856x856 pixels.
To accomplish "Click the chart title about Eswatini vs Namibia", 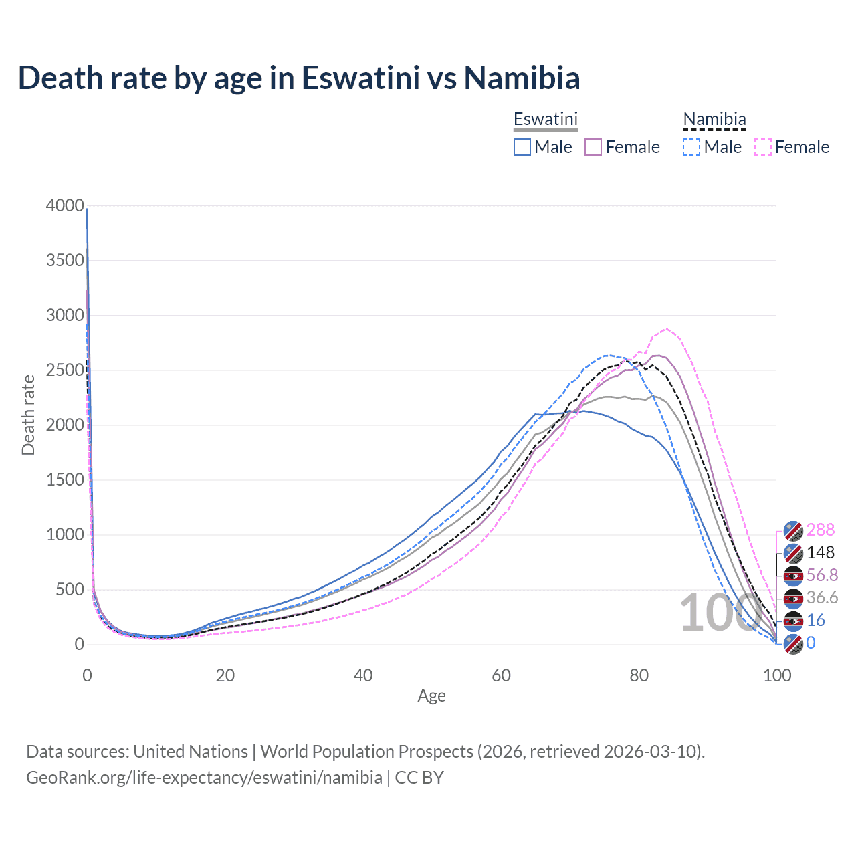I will [299, 78].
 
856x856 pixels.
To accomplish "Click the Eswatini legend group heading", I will [545, 119].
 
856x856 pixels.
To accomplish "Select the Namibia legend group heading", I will [714, 119].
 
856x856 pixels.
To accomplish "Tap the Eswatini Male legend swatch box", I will [522, 147].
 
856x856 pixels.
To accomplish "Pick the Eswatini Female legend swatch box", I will [594, 147].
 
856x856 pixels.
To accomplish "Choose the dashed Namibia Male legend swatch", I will [691, 147].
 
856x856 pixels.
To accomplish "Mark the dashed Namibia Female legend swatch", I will [763, 147].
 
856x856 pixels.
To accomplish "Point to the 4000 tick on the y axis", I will [65, 205].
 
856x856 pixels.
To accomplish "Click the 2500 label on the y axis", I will [65, 370].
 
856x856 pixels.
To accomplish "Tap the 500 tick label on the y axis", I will [70, 589].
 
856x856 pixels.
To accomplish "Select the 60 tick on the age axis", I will [501, 675].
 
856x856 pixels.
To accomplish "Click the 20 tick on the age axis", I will [225, 675].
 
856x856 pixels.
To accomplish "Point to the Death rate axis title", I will [28, 415].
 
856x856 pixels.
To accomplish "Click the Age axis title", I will [431, 695].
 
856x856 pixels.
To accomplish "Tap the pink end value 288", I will [821, 530].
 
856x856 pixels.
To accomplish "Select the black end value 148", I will [821, 552].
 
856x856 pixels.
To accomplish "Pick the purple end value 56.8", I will [822, 575].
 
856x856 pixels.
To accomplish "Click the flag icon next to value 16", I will [793, 621].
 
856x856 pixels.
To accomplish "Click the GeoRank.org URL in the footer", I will [204, 778].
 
